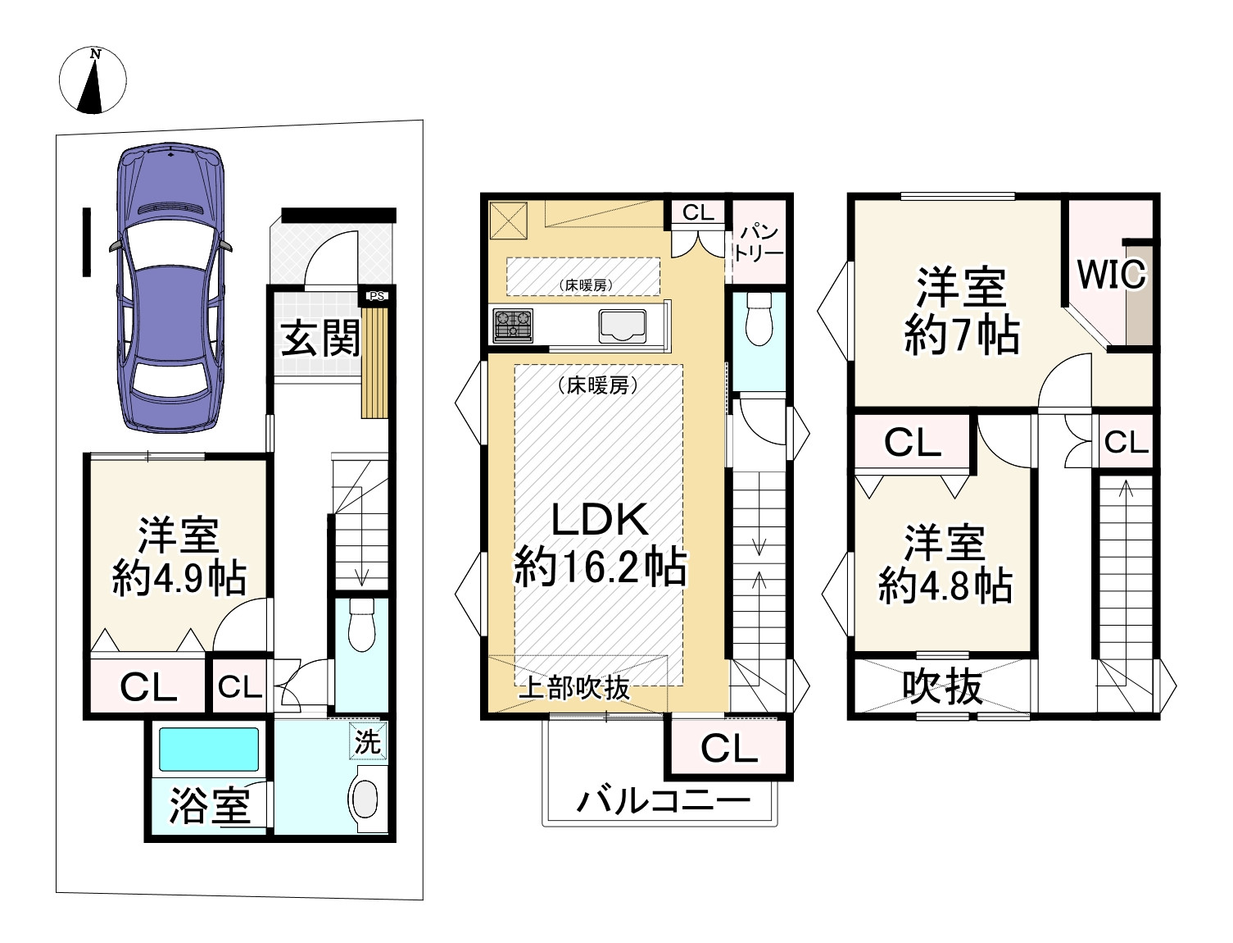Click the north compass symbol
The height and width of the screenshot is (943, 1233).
tap(93, 80)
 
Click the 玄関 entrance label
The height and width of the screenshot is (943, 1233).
tap(320, 338)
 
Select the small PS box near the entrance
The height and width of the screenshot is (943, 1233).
tap(376, 296)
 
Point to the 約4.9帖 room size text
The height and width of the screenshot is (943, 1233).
tap(179, 579)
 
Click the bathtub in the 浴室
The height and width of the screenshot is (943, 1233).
tap(209, 749)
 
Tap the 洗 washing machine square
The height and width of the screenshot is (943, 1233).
tap(368, 742)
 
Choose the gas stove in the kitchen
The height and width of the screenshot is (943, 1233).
tap(513, 325)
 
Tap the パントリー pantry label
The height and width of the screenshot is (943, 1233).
tap(759, 243)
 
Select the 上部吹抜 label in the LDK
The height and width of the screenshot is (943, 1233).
tap(574, 688)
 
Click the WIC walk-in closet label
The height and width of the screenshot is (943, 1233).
tap(1111, 275)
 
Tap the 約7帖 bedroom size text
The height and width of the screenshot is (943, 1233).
tap(961, 335)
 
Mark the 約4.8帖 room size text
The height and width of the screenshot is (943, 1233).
tap(945, 586)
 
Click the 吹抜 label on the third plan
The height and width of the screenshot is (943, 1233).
tap(942, 687)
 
